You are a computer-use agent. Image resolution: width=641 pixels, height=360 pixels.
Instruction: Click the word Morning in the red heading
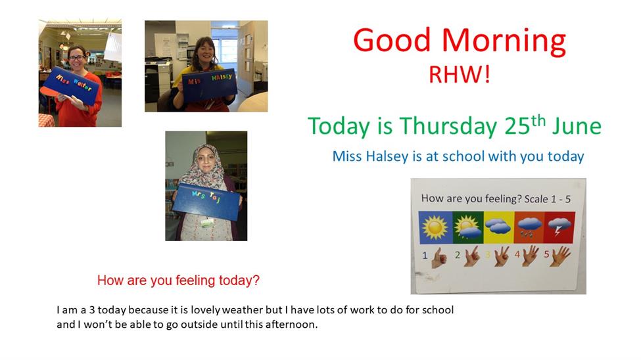pos(504,41)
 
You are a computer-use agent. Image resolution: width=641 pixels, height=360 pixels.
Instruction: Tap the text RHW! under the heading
pos(459,75)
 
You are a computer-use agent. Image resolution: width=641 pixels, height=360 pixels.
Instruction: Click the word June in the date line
pos(577,126)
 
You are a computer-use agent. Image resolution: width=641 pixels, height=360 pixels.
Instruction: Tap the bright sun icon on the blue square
pos(435,227)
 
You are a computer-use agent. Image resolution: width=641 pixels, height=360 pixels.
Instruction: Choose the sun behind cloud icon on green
pos(468,227)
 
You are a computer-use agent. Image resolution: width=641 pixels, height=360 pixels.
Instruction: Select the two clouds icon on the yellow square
pos(498,225)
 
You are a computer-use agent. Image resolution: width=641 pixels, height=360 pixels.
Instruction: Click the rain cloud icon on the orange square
pos(529,227)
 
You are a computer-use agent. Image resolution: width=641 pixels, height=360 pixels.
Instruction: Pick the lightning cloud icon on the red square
pos(559,227)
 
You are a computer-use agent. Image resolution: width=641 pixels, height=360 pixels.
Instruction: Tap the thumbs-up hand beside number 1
pos(439,258)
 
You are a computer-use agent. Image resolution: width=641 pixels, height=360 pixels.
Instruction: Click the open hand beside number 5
pos(560,256)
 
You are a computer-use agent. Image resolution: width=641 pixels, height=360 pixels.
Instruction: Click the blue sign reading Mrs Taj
pos(207,202)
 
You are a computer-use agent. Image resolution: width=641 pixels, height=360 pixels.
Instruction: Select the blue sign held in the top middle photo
pos(209,84)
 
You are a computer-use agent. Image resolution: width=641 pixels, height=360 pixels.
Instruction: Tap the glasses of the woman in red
pos(76,58)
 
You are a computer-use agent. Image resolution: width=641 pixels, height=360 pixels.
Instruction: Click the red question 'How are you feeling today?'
pos(178,281)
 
